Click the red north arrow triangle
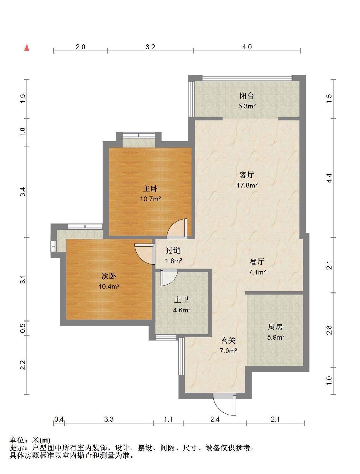click(27, 48)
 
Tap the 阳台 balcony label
click(247, 95)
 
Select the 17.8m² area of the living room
click(247, 185)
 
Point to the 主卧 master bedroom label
click(150, 188)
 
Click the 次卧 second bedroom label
click(109, 276)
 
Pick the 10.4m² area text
click(109, 286)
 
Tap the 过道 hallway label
click(173, 250)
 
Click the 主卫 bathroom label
click(181, 300)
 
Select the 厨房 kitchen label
click(275, 327)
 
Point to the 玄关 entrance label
click(228, 341)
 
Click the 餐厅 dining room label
click(257, 262)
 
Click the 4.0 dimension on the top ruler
click(247, 47)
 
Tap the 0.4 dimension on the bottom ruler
click(59, 419)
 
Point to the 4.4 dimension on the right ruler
click(329, 178)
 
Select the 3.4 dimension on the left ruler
click(23, 192)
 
